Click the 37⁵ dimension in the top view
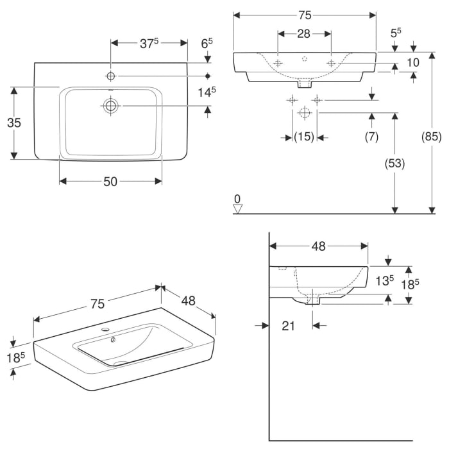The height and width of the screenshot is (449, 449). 149,43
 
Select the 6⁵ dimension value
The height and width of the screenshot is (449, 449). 207,44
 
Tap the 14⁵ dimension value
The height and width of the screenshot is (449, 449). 206,92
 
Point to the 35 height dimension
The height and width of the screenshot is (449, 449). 13,123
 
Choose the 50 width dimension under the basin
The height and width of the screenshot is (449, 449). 110,182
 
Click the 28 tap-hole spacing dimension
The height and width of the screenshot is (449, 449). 304,33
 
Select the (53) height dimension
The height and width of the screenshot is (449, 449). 395,164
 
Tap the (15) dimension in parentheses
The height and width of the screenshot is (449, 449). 304,137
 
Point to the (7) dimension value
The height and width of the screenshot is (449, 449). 372,137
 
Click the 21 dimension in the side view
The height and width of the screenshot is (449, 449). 288,326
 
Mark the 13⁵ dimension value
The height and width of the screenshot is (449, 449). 384,280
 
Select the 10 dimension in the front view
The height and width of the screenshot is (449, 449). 413,62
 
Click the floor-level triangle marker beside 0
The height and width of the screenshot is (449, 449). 238,208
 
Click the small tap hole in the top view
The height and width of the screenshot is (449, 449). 111,76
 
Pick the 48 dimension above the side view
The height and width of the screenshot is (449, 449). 319,246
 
